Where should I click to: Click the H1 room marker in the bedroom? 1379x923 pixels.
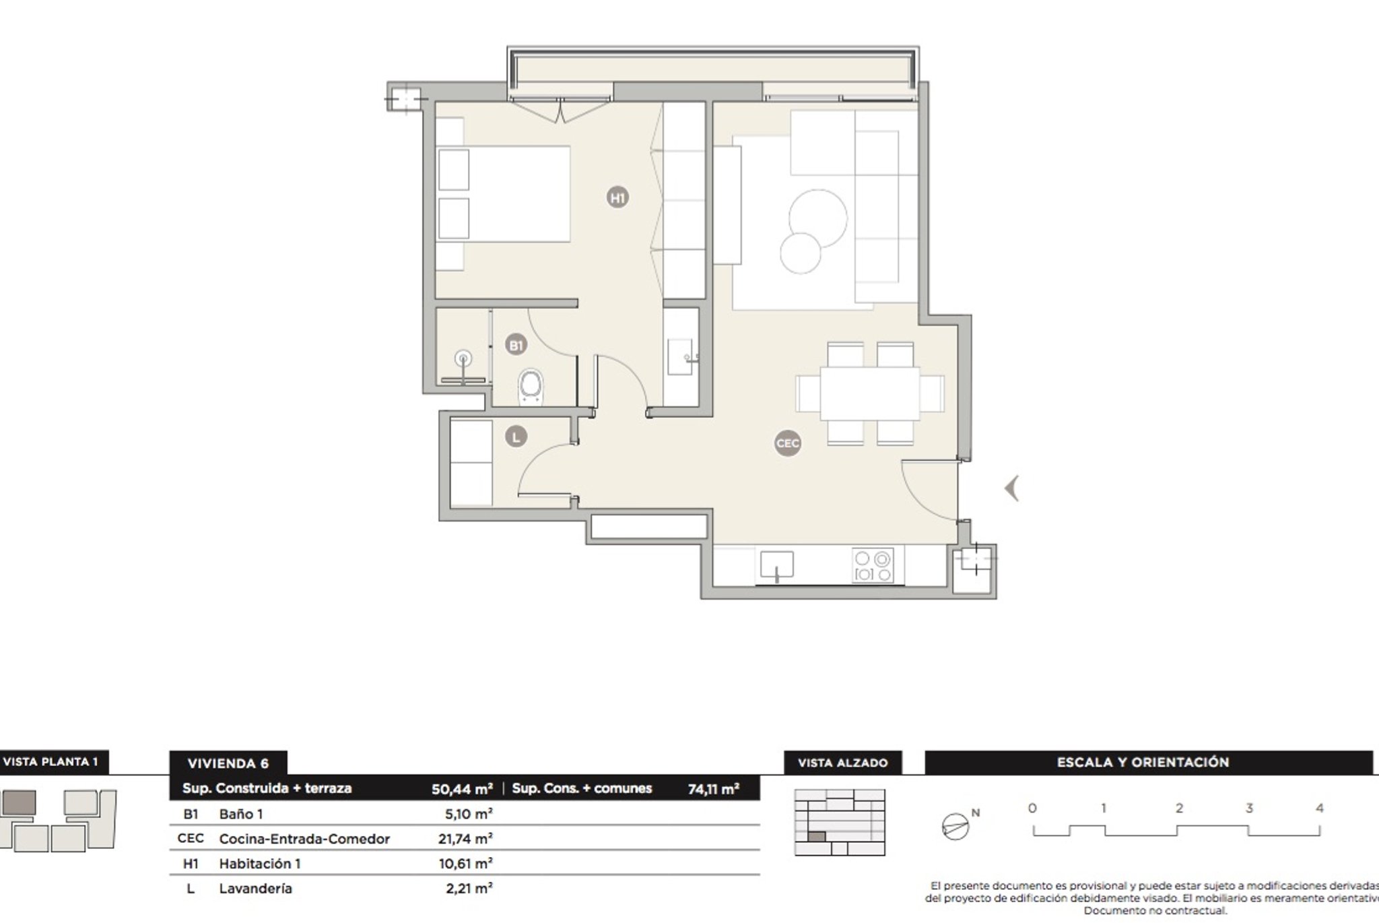617,197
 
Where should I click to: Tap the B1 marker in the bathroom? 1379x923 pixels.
516,346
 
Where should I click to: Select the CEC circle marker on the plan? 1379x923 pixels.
787,443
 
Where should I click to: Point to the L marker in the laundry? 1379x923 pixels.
516,437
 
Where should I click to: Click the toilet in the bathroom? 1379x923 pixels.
531,387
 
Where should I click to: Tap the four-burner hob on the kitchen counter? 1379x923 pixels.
873,565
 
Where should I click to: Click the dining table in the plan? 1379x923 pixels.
869,393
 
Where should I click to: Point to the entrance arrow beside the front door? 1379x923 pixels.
1011,488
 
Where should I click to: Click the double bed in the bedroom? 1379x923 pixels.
503,194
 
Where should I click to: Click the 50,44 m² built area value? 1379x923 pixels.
462,789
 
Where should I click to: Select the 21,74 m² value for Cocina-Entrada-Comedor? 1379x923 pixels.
465,839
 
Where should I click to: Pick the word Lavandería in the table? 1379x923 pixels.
256,889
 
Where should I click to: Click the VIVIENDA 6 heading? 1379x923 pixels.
228,763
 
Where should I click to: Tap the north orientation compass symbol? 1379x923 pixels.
955,827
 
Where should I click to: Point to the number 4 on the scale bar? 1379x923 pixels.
1319,808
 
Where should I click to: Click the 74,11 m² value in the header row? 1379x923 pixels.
714,789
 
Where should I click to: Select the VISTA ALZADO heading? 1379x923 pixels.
842,763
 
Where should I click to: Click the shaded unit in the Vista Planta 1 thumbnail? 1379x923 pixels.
19,803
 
